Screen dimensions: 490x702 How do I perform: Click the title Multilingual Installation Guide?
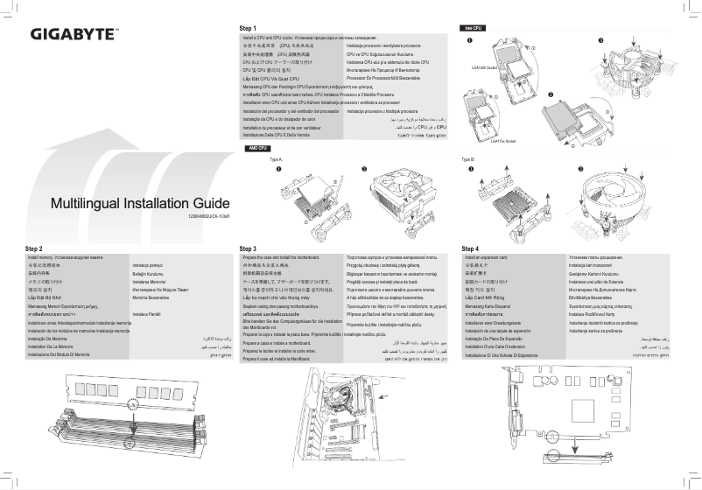click(x=140, y=204)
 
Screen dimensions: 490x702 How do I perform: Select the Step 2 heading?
click(x=34, y=249)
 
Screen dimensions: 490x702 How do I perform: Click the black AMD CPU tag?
click(x=256, y=150)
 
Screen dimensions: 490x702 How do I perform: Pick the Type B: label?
click(x=467, y=160)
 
